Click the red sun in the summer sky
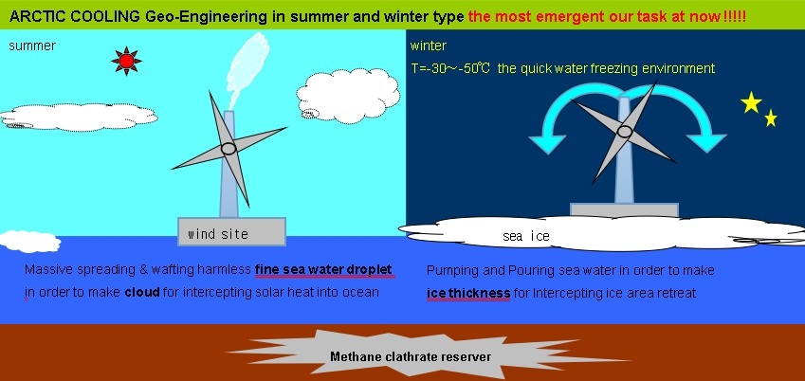point(126,61)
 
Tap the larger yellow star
point(751,102)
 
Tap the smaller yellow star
point(770,118)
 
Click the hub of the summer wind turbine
point(229,149)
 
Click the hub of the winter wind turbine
point(624,132)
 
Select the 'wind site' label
point(218,235)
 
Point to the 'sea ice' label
point(525,236)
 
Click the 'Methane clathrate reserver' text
point(411,356)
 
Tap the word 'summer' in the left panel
point(32,45)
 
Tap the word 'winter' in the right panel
point(429,45)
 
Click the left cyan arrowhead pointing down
point(547,142)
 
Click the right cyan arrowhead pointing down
point(706,142)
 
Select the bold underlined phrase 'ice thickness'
point(468,294)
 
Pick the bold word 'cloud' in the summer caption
point(142,293)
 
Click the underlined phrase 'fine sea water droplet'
point(324,270)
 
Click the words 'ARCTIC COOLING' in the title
point(75,17)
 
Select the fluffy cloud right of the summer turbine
point(348,96)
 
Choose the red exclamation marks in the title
point(734,17)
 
